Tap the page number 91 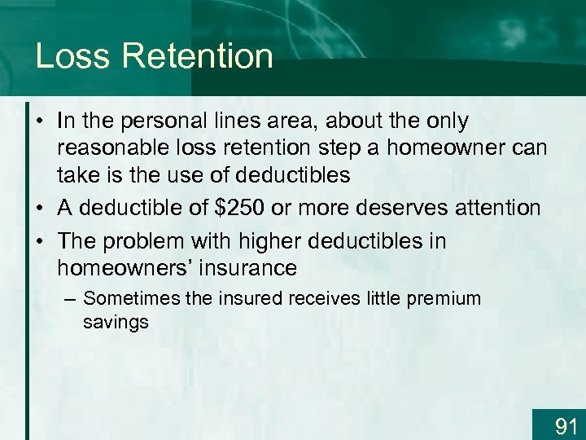565,425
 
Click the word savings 116,322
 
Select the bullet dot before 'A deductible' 39,209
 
